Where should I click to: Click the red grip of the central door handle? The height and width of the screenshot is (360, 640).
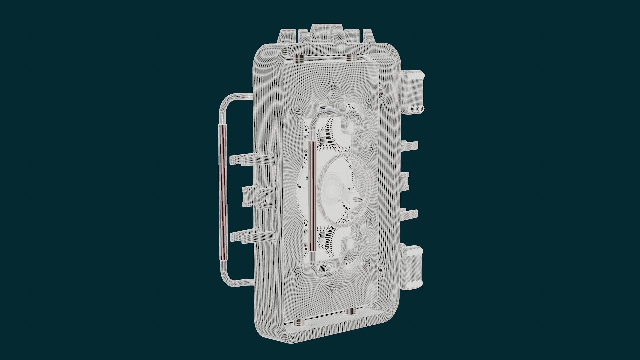point(312,196)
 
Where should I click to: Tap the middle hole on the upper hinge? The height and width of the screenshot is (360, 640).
point(417,109)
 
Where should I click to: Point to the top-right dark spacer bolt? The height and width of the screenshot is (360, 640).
point(351,58)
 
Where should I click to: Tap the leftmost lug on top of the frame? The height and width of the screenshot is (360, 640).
point(288,35)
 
